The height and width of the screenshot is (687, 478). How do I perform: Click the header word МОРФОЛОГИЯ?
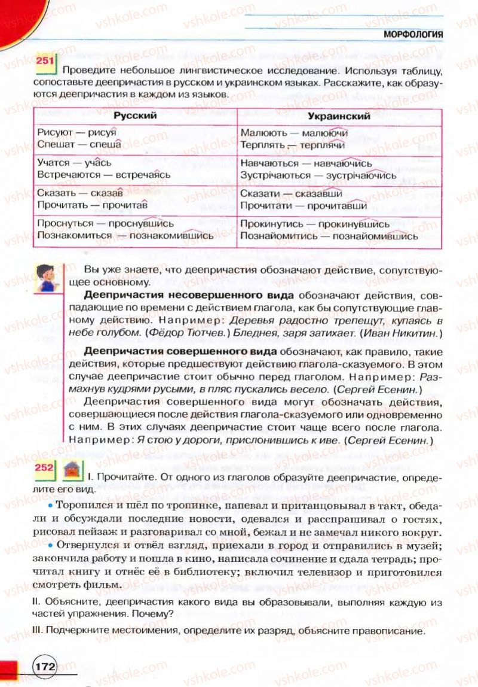[413, 35]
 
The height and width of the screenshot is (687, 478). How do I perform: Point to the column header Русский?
[135, 116]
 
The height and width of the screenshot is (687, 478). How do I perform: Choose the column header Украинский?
[339, 116]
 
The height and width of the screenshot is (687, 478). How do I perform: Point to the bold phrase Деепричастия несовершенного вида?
[189, 296]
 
